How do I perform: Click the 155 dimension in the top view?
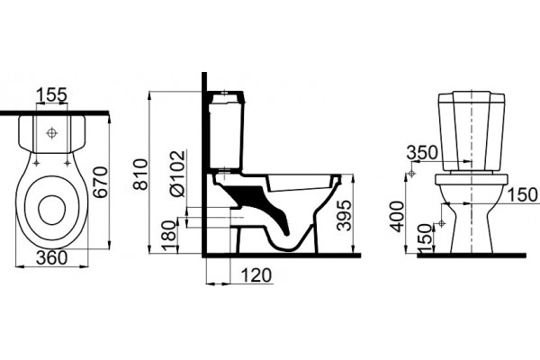51,95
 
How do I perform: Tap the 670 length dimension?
101,182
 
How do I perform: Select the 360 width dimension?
52,258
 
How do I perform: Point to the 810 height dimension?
140,175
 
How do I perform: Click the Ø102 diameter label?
178,174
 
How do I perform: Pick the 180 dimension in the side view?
169,236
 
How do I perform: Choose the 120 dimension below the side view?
256,275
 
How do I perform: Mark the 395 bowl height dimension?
345,215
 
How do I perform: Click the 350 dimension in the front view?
422,152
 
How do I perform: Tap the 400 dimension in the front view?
398,217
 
